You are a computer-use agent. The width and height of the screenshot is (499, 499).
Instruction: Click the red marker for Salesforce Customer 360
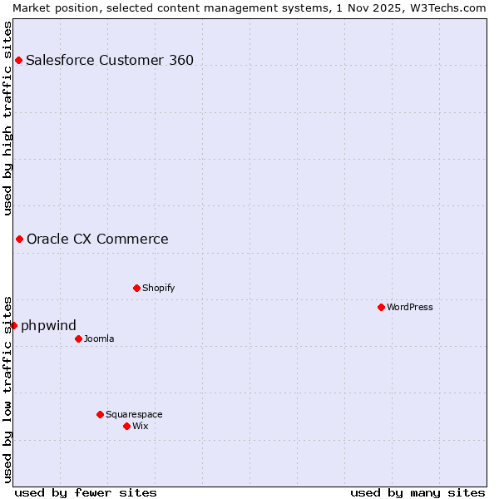pos(18,60)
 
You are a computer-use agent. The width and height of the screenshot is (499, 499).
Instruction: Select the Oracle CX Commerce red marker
pos(19,240)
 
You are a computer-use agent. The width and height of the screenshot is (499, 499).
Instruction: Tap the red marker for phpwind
pos(14,325)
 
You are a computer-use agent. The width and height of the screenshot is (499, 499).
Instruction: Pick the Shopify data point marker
pos(136,289)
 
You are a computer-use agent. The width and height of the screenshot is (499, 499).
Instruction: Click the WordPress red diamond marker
pos(381,307)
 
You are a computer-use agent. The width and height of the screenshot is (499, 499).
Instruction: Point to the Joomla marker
pos(78,338)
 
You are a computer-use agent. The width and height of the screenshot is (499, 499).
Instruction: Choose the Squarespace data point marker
pos(100,414)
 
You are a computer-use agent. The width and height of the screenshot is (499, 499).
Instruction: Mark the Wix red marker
pos(126,426)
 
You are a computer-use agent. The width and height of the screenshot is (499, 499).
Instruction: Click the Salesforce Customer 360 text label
pos(110,60)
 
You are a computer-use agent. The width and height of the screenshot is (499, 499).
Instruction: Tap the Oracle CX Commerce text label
pos(97,240)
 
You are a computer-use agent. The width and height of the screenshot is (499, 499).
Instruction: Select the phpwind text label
pos(48,325)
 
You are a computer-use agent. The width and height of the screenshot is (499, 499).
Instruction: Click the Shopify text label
pos(158,289)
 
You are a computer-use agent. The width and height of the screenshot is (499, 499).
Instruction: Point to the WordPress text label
pos(409,307)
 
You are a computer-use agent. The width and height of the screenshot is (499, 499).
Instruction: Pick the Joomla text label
pos(99,338)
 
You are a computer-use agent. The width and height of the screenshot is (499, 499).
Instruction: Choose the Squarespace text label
pos(134,414)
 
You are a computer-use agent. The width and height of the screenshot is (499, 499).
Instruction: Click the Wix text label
pos(140,426)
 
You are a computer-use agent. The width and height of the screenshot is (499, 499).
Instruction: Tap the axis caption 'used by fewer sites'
pos(86,492)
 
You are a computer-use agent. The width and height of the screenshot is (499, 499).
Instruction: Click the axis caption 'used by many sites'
pos(417,492)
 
